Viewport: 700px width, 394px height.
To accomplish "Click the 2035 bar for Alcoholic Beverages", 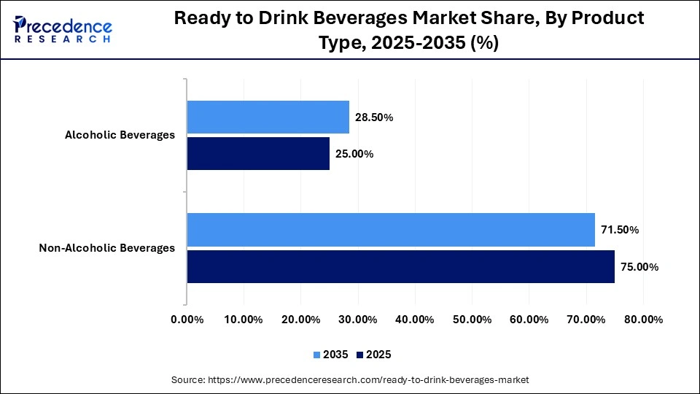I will tap(268, 117).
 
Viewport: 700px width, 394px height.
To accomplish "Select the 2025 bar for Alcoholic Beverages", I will tap(258, 153).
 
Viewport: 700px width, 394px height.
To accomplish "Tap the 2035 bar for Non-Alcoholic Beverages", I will tap(391, 230).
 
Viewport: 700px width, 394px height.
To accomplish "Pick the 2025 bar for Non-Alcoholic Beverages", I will tap(400, 266).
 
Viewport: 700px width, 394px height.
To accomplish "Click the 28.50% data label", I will tap(374, 117).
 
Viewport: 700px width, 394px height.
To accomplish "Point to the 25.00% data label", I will tap(354, 154).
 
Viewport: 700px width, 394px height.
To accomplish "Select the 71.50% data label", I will tap(620, 230).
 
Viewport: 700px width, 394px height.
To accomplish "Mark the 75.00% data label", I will tap(639, 267).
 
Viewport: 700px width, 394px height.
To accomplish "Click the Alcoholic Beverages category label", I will tap(120, 135).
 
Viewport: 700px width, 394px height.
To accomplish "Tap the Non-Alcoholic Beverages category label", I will tap(106, 248).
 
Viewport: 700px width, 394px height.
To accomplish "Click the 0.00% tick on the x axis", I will tap(187, 320).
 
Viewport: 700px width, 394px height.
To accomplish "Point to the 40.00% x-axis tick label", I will tap(415, 320).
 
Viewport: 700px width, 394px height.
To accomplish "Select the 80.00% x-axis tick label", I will tap(643, 320).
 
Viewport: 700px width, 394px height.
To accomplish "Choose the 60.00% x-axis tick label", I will tap(529, 320).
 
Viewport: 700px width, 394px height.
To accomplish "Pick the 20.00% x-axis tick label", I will tap(300, 320).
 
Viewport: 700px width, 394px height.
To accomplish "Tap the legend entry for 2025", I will tap(374, 355).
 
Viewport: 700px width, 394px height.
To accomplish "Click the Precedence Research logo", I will tap(63, 29).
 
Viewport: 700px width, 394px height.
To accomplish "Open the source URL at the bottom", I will tap(350, 380).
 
